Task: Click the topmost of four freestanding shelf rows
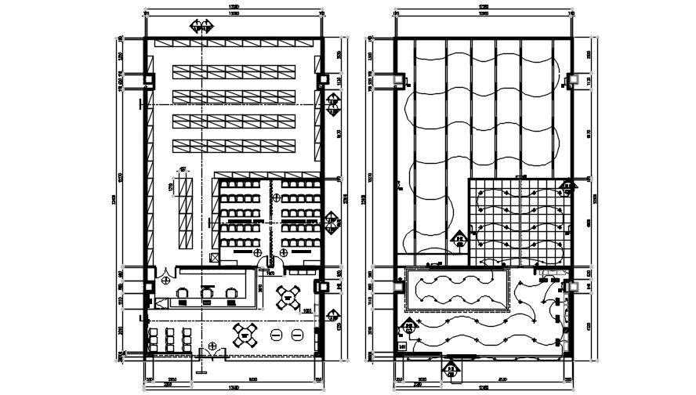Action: coord(236,72)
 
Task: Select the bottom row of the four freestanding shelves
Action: coord(236,145)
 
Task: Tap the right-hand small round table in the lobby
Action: coord(297,335)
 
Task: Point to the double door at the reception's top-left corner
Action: coord(166,277)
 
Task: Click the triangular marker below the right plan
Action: coord(452,368)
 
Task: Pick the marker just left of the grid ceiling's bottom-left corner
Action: coord(461,240)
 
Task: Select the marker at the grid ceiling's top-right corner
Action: coord(566,187)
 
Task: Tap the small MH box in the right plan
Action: coord(403,346)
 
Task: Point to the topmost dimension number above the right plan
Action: coord(484,8)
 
